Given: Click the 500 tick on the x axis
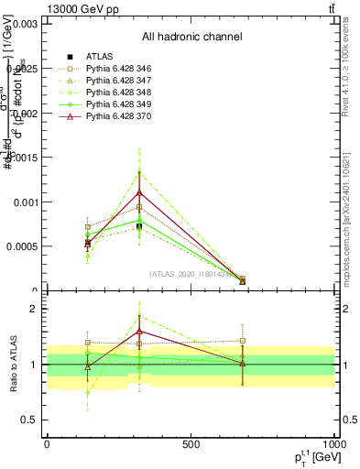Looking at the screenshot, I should (x=191, y=444).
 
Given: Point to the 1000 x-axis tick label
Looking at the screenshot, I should (x=332, y=444).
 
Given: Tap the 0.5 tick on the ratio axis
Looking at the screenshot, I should (x=29, y=420).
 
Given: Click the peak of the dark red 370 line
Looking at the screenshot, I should (x=139, y=192).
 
